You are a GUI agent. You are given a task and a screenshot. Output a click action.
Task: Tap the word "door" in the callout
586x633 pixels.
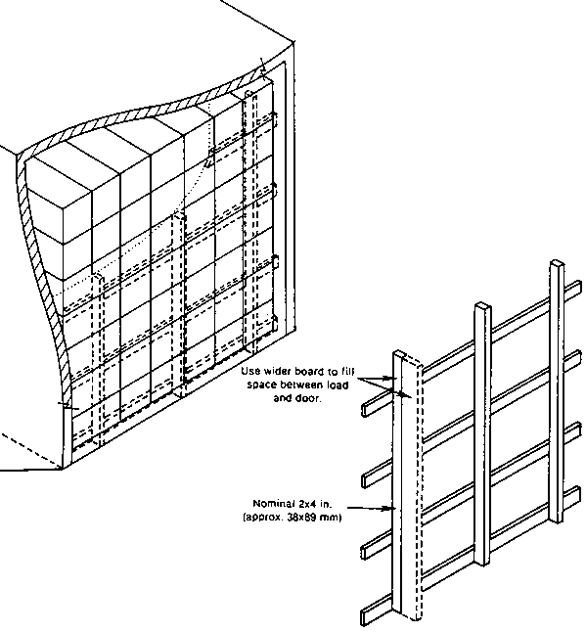click(307, 398)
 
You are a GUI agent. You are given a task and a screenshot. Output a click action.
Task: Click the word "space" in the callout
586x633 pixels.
click(260, 384)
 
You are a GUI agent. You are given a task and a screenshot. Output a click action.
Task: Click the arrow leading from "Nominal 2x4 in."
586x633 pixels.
click(371, 508)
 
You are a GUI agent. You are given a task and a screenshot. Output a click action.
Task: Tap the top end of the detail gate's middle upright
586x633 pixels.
click(482, 305)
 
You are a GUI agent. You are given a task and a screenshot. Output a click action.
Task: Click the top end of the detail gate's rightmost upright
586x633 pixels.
click(557, 263)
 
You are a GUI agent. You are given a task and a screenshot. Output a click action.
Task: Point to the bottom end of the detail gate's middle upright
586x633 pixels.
click(481, 564)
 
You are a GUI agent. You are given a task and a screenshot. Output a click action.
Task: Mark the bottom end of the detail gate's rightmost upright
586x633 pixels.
click(556, 520)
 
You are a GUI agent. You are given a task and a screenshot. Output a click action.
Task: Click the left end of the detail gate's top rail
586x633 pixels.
click(364, 410)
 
